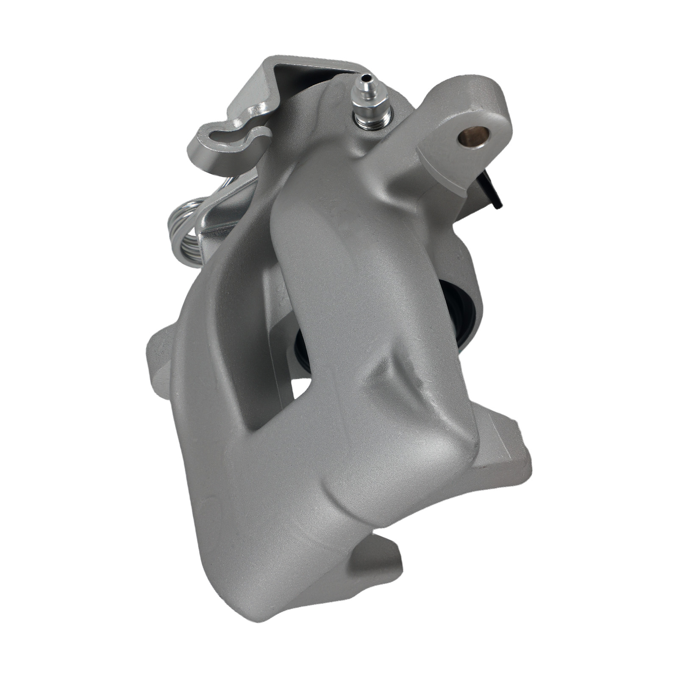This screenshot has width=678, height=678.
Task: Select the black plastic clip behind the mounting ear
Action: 491,189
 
